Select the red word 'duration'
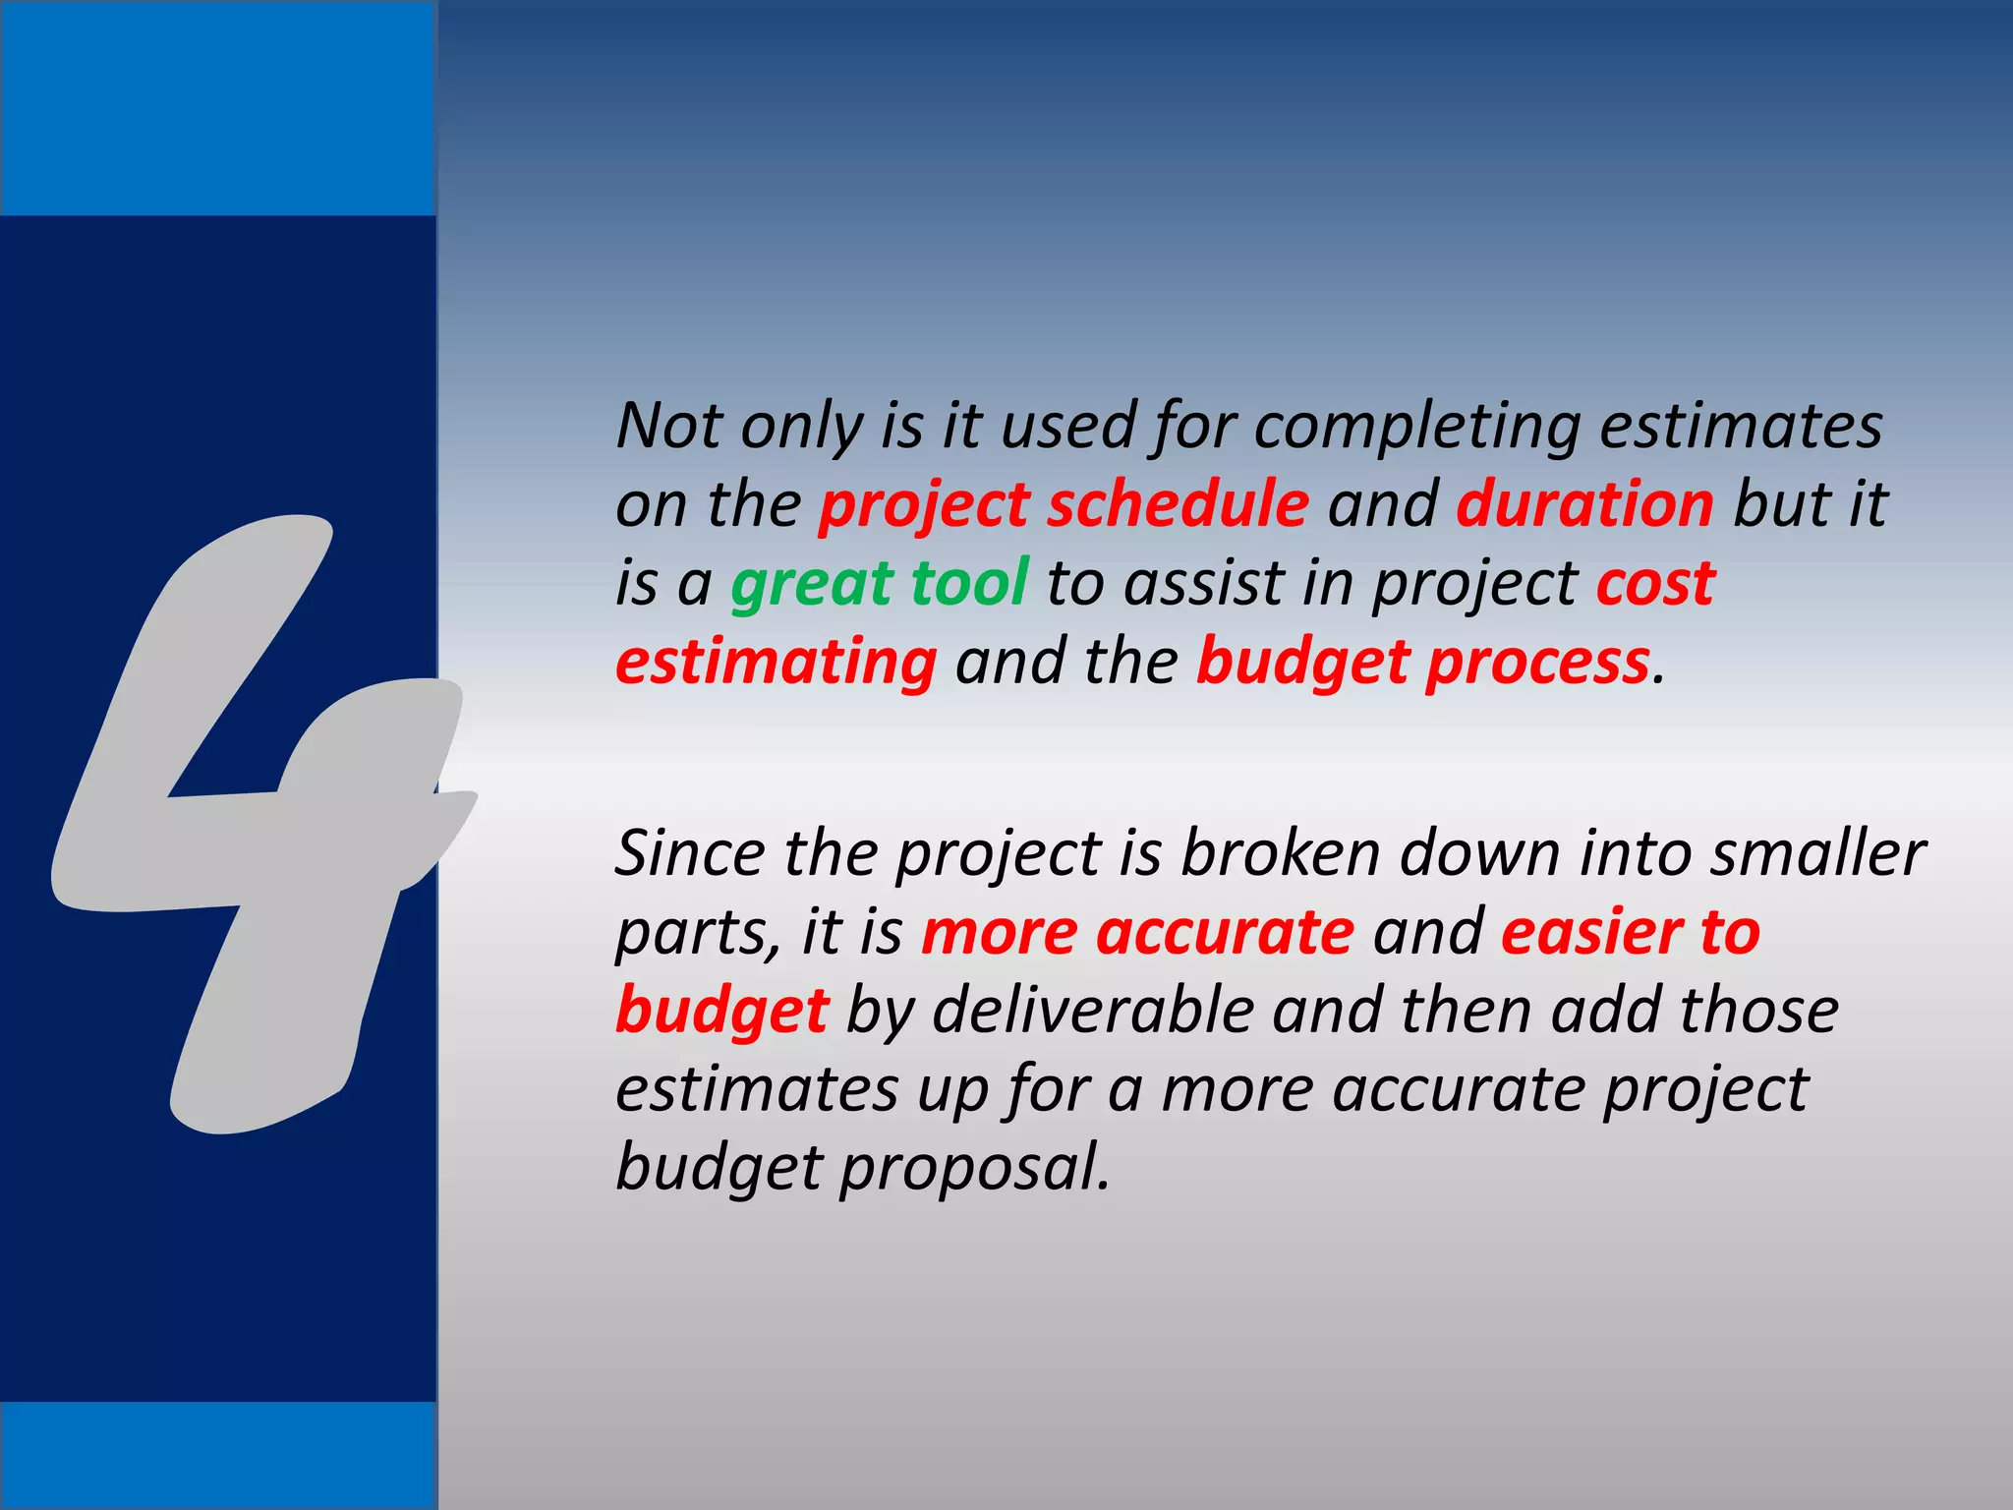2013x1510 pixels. [x=1584, y=504]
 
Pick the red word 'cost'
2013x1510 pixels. [x=1655, y=582]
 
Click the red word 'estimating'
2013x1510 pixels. [x=776, y=663]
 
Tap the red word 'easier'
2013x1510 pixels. [x=1588, y=932]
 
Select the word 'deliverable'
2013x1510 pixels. [x=1091, y=1011]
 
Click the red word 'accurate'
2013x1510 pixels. [x=1225, y=932]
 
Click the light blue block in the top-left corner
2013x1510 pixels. [x=217, y=108]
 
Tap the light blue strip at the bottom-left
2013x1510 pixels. [x=217, y=1455]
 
